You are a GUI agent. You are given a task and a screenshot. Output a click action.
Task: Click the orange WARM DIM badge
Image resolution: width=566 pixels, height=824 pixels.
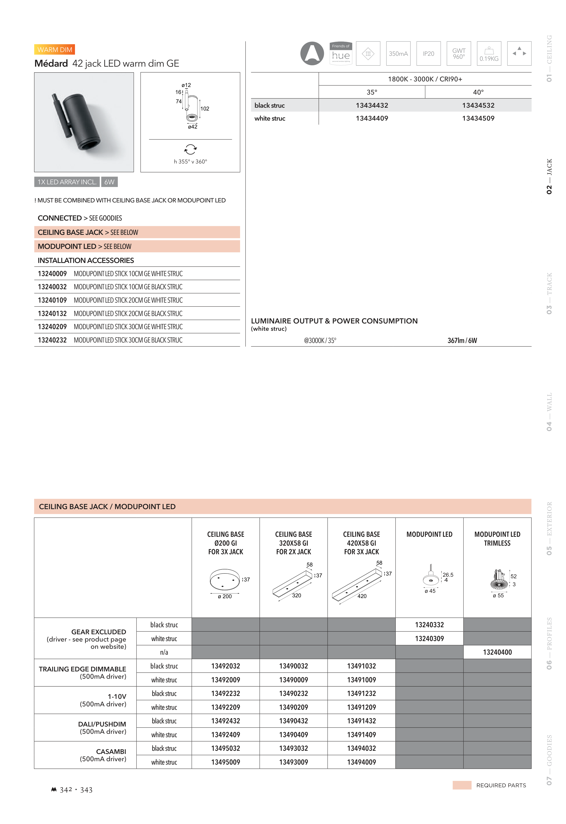click(x=55, y=50)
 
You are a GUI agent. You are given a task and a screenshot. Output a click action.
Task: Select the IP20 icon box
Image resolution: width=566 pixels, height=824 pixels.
click(x=428, y=53)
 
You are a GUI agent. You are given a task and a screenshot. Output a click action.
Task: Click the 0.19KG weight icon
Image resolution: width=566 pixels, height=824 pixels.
click(x=489, y=53)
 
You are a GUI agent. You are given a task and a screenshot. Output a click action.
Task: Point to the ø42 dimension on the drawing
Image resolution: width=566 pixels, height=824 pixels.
click(x=193, y=127)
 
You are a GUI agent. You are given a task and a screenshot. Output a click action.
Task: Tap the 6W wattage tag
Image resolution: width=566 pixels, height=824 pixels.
click(x=109, y=182)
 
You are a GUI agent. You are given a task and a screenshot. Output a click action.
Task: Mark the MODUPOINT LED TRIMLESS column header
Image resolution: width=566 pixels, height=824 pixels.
click(x=497, y=539)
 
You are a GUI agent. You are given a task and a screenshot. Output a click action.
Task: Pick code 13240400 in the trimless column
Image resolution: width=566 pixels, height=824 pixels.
click(x=497, y=652)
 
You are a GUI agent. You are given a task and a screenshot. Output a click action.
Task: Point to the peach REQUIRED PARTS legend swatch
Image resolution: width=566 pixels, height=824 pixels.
click(x=462, y=785)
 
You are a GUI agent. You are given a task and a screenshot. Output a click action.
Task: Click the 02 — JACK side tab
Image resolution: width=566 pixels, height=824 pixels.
click(x=549, y=176)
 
